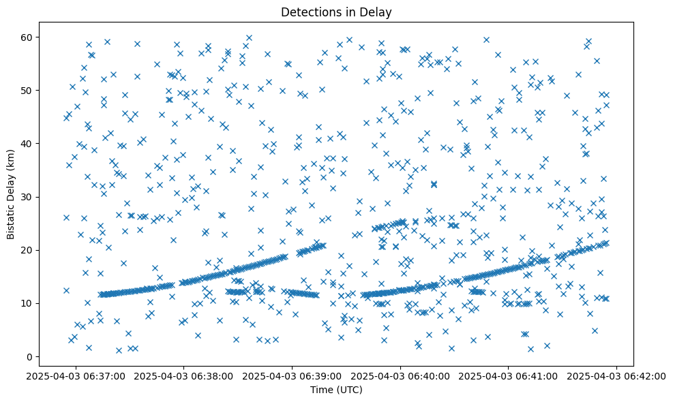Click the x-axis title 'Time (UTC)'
[x=335, y=390]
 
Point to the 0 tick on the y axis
[x=30, y=356]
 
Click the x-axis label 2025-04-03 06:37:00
[x=76, y=375]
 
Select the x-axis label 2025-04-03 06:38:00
[x=184, y=375]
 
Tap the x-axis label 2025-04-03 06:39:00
[x=293, y=375]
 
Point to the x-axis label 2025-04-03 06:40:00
[x=400, y=375]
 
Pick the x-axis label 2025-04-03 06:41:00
[x=509, y=375]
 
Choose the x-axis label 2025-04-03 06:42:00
[x=617, y=375]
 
